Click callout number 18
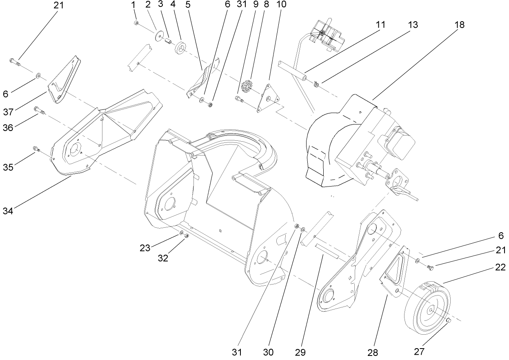coord(460,24)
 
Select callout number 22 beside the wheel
coord(500,268)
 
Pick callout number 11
coord(380,24)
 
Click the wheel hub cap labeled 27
coord(449,320)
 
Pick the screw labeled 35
coord(35,149)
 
